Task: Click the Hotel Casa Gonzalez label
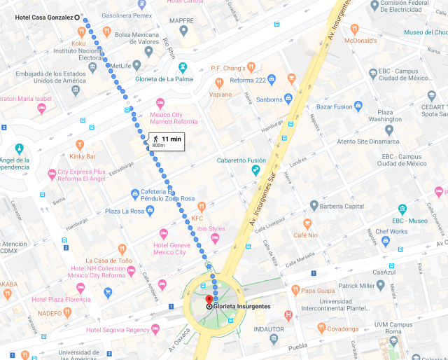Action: pos(43,17)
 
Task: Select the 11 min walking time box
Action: pos(165,141)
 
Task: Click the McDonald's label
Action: pos(360,41)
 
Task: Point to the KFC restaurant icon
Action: pos(202,207)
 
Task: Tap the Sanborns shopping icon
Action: pos(288,99)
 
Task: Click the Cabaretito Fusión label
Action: pos(220,160)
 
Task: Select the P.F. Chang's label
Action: pos(228,68)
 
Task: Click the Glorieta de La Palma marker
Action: pos(183,67)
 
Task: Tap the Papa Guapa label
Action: pos(318,290)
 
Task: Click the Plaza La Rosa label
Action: pos(123,211)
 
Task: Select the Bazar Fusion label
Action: pos(334,106)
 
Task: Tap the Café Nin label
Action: pos(306,235)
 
